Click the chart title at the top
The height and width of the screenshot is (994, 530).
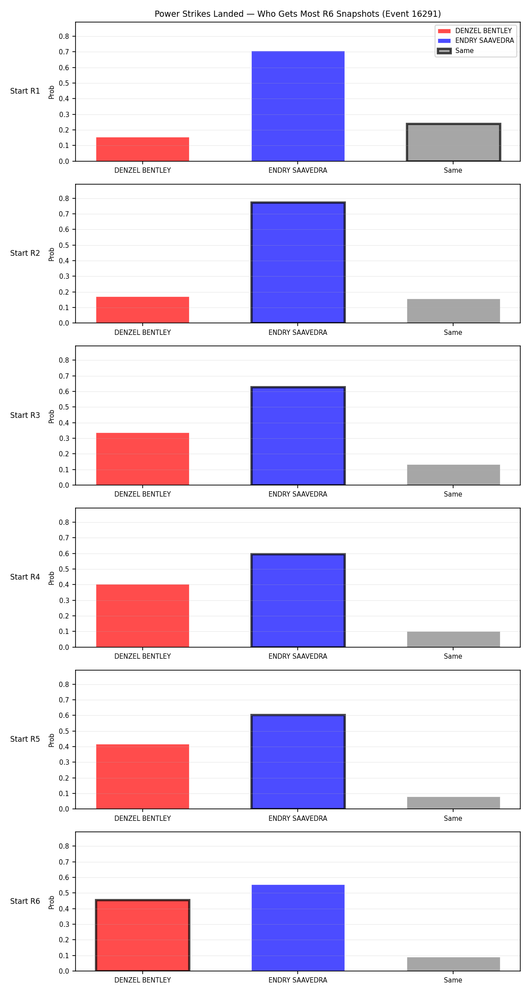coord(298,14)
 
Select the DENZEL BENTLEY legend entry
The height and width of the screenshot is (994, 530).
coord(475,31)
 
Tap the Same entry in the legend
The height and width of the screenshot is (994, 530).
coord(455,51)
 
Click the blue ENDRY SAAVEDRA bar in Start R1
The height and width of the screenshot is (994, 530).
coord(298,106)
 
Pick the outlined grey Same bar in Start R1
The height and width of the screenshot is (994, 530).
coord(454,142)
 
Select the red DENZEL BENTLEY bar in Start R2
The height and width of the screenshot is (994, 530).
coord(143,310)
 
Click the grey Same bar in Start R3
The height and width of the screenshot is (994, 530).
coord(454,475)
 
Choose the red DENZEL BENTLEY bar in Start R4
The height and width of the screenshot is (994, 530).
coord(143,616)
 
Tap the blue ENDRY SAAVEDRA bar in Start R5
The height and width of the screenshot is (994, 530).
coord(298,762)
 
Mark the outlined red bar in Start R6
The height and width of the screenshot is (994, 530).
coord(143,935)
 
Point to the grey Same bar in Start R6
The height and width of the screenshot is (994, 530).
coord(454,964)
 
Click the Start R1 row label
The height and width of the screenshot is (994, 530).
coord(25,91)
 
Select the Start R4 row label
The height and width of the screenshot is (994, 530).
coord(25,577)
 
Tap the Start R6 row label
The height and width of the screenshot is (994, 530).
coord(25,901)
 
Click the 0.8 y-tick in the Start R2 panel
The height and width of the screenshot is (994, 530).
coord(64,198)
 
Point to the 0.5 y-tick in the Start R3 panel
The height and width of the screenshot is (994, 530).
coord(64,407)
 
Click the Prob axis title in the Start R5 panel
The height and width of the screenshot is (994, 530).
coord(52,740)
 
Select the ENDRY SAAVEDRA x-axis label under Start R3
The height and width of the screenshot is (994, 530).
coord(298,494)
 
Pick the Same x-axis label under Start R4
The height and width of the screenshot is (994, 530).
coord(453,656)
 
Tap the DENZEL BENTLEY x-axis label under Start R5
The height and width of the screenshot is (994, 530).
coord(143,819)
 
